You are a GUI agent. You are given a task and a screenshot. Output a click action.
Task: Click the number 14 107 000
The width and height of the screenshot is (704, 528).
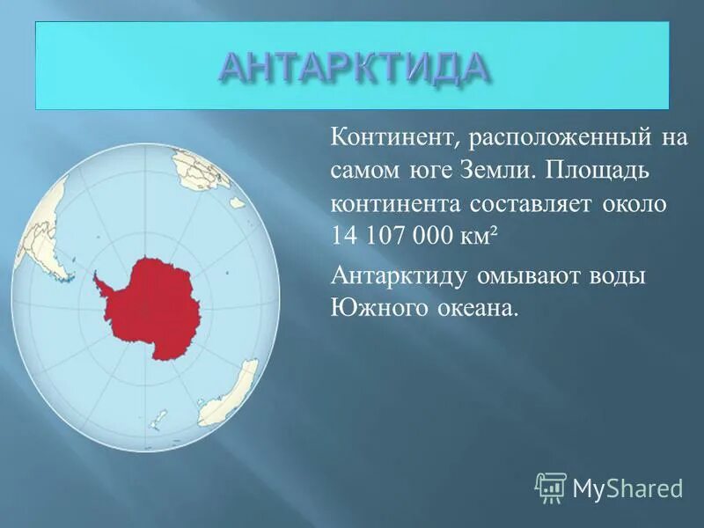point(397,237)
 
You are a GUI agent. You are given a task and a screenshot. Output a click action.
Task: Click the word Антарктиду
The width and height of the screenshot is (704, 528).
point(401,275)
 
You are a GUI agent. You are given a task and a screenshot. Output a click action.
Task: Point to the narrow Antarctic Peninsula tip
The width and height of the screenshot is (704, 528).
point(97,278)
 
